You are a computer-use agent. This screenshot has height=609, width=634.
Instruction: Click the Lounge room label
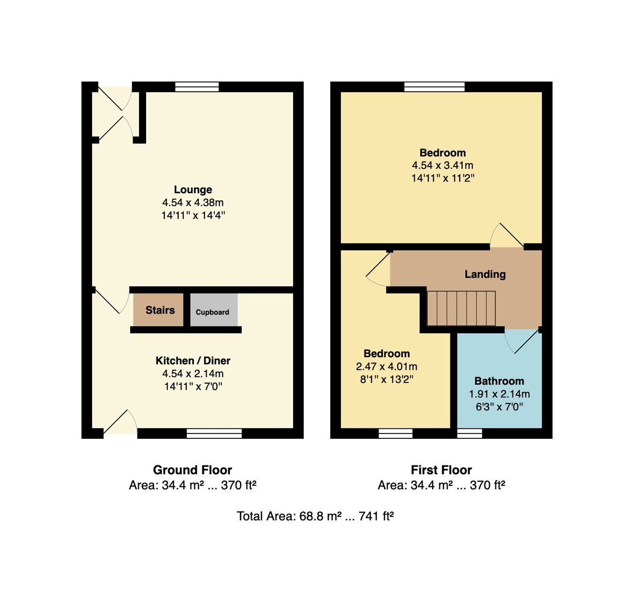193,190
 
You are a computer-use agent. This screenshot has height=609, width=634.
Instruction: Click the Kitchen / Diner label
193,361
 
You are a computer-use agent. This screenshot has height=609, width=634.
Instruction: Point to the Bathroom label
499,381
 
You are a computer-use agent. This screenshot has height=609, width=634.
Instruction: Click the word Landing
485,274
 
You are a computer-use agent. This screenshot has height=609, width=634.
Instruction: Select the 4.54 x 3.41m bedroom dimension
442,166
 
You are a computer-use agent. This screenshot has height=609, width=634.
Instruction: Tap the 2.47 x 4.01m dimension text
387,366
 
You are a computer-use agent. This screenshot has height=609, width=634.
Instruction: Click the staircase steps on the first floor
461,308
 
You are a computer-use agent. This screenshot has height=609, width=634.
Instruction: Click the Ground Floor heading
193,470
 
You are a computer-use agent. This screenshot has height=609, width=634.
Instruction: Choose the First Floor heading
441,470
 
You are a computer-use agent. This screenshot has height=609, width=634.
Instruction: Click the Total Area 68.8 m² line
315,516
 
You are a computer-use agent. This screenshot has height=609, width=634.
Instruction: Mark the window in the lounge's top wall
197,87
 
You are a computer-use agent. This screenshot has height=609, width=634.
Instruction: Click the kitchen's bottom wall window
214,434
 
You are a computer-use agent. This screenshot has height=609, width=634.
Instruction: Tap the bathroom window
470,434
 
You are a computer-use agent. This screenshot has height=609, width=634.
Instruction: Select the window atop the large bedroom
434,87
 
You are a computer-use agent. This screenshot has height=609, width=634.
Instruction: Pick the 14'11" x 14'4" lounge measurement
193,216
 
